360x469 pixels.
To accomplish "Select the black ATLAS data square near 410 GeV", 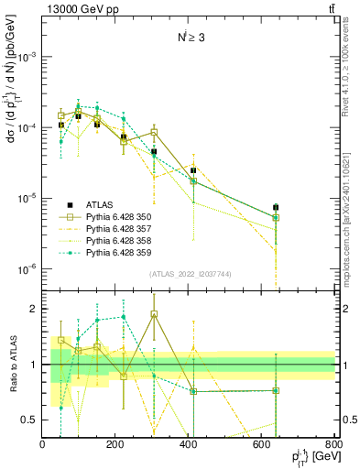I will [x=193, y=170].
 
